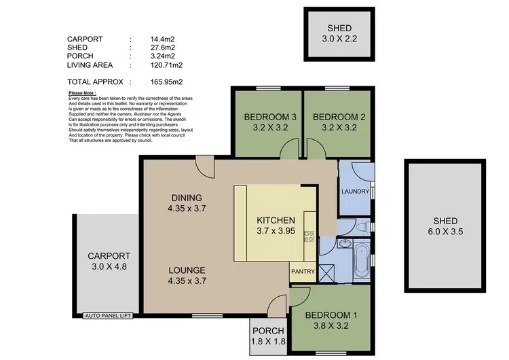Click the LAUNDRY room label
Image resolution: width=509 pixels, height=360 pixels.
[x=354, y=192]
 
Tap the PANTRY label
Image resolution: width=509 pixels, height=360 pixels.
[x=303, y=272]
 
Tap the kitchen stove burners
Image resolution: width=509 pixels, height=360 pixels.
[x=308, y=237]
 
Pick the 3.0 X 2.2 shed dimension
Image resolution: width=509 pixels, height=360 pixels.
[x=339, y=39]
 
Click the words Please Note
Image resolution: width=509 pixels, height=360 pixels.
[x=82, y=93]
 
